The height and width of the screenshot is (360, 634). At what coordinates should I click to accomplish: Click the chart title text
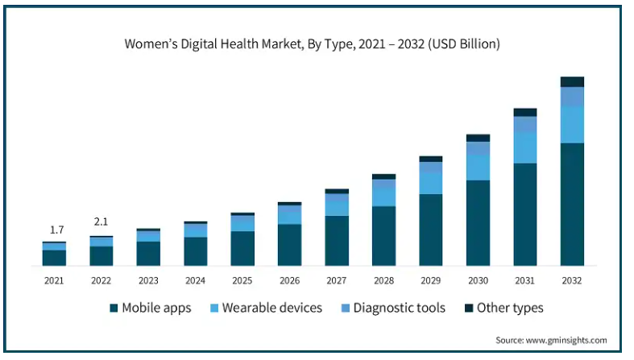[312, 44]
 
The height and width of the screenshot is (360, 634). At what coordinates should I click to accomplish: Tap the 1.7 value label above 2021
[54, 230]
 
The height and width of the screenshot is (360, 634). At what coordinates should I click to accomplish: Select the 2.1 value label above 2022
[101, 222]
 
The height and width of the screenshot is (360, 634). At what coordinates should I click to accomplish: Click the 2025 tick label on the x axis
[242, 280]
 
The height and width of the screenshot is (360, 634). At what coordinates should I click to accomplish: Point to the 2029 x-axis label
[431, 280]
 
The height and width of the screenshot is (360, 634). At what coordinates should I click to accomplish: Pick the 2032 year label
[572, 280]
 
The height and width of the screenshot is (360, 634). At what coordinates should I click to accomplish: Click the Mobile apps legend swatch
[114, 308]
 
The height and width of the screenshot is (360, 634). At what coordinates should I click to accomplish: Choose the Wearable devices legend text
[272, 308]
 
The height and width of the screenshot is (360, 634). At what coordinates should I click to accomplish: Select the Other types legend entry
[503, 308]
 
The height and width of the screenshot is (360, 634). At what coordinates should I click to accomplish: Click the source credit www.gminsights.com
[551, 340]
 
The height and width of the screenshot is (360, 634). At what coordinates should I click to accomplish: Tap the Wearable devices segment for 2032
[572, 125]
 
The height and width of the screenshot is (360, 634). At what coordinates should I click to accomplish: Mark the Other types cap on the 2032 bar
[572, 81]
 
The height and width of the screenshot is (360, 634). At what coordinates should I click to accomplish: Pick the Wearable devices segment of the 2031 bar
[525, 148]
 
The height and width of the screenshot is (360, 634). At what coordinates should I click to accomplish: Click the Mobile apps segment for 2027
[337, 240]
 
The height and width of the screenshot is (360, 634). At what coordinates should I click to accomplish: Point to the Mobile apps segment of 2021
[54, 258]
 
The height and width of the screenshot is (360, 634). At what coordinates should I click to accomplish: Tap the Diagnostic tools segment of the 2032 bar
[572, 97]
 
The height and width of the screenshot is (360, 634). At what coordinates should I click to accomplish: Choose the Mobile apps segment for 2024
[195, 251]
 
